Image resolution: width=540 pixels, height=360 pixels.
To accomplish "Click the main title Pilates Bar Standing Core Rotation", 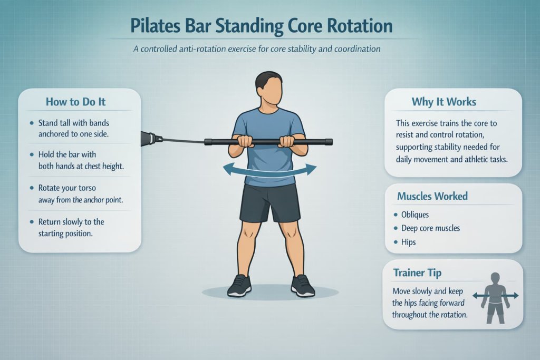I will coord(269,26).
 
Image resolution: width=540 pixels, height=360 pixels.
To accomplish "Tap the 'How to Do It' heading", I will coord(79,102).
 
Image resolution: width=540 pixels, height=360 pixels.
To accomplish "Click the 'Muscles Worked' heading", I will coord(432,197).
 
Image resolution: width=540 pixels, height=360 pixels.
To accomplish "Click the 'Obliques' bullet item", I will coord(415,215).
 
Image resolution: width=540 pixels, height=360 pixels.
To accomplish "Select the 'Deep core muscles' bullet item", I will coord(431,228).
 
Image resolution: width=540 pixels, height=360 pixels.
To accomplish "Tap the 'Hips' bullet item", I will coord(408,242).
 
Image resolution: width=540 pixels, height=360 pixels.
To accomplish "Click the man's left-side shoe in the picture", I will coord(238,286).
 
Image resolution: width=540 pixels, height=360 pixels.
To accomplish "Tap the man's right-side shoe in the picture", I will coord(302,286).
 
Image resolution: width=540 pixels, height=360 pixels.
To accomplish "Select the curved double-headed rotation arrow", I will coord(269,170).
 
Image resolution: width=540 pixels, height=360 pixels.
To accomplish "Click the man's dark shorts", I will coord(269,203).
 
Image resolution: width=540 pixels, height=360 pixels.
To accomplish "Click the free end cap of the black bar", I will coord(329,142).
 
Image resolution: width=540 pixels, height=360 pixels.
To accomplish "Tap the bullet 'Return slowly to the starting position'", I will coord(71,227).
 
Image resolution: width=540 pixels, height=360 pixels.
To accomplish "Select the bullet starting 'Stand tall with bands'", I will coord(74,128).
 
